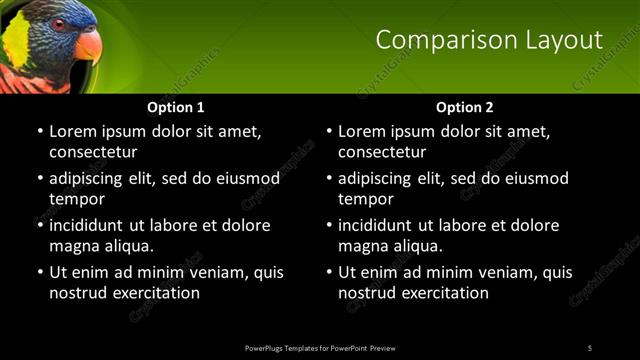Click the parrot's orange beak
pos(88,44)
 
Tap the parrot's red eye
pos(59,23)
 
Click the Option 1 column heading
pos(176,107)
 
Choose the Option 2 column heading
pos(465,107)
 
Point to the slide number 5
pos(590,347)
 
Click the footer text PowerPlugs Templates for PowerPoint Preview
pos(320,347)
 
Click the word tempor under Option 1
pos(77,199)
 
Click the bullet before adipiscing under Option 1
pos(39,179)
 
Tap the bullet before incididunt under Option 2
pos(328,226)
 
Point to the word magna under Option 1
pos(74,246)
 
